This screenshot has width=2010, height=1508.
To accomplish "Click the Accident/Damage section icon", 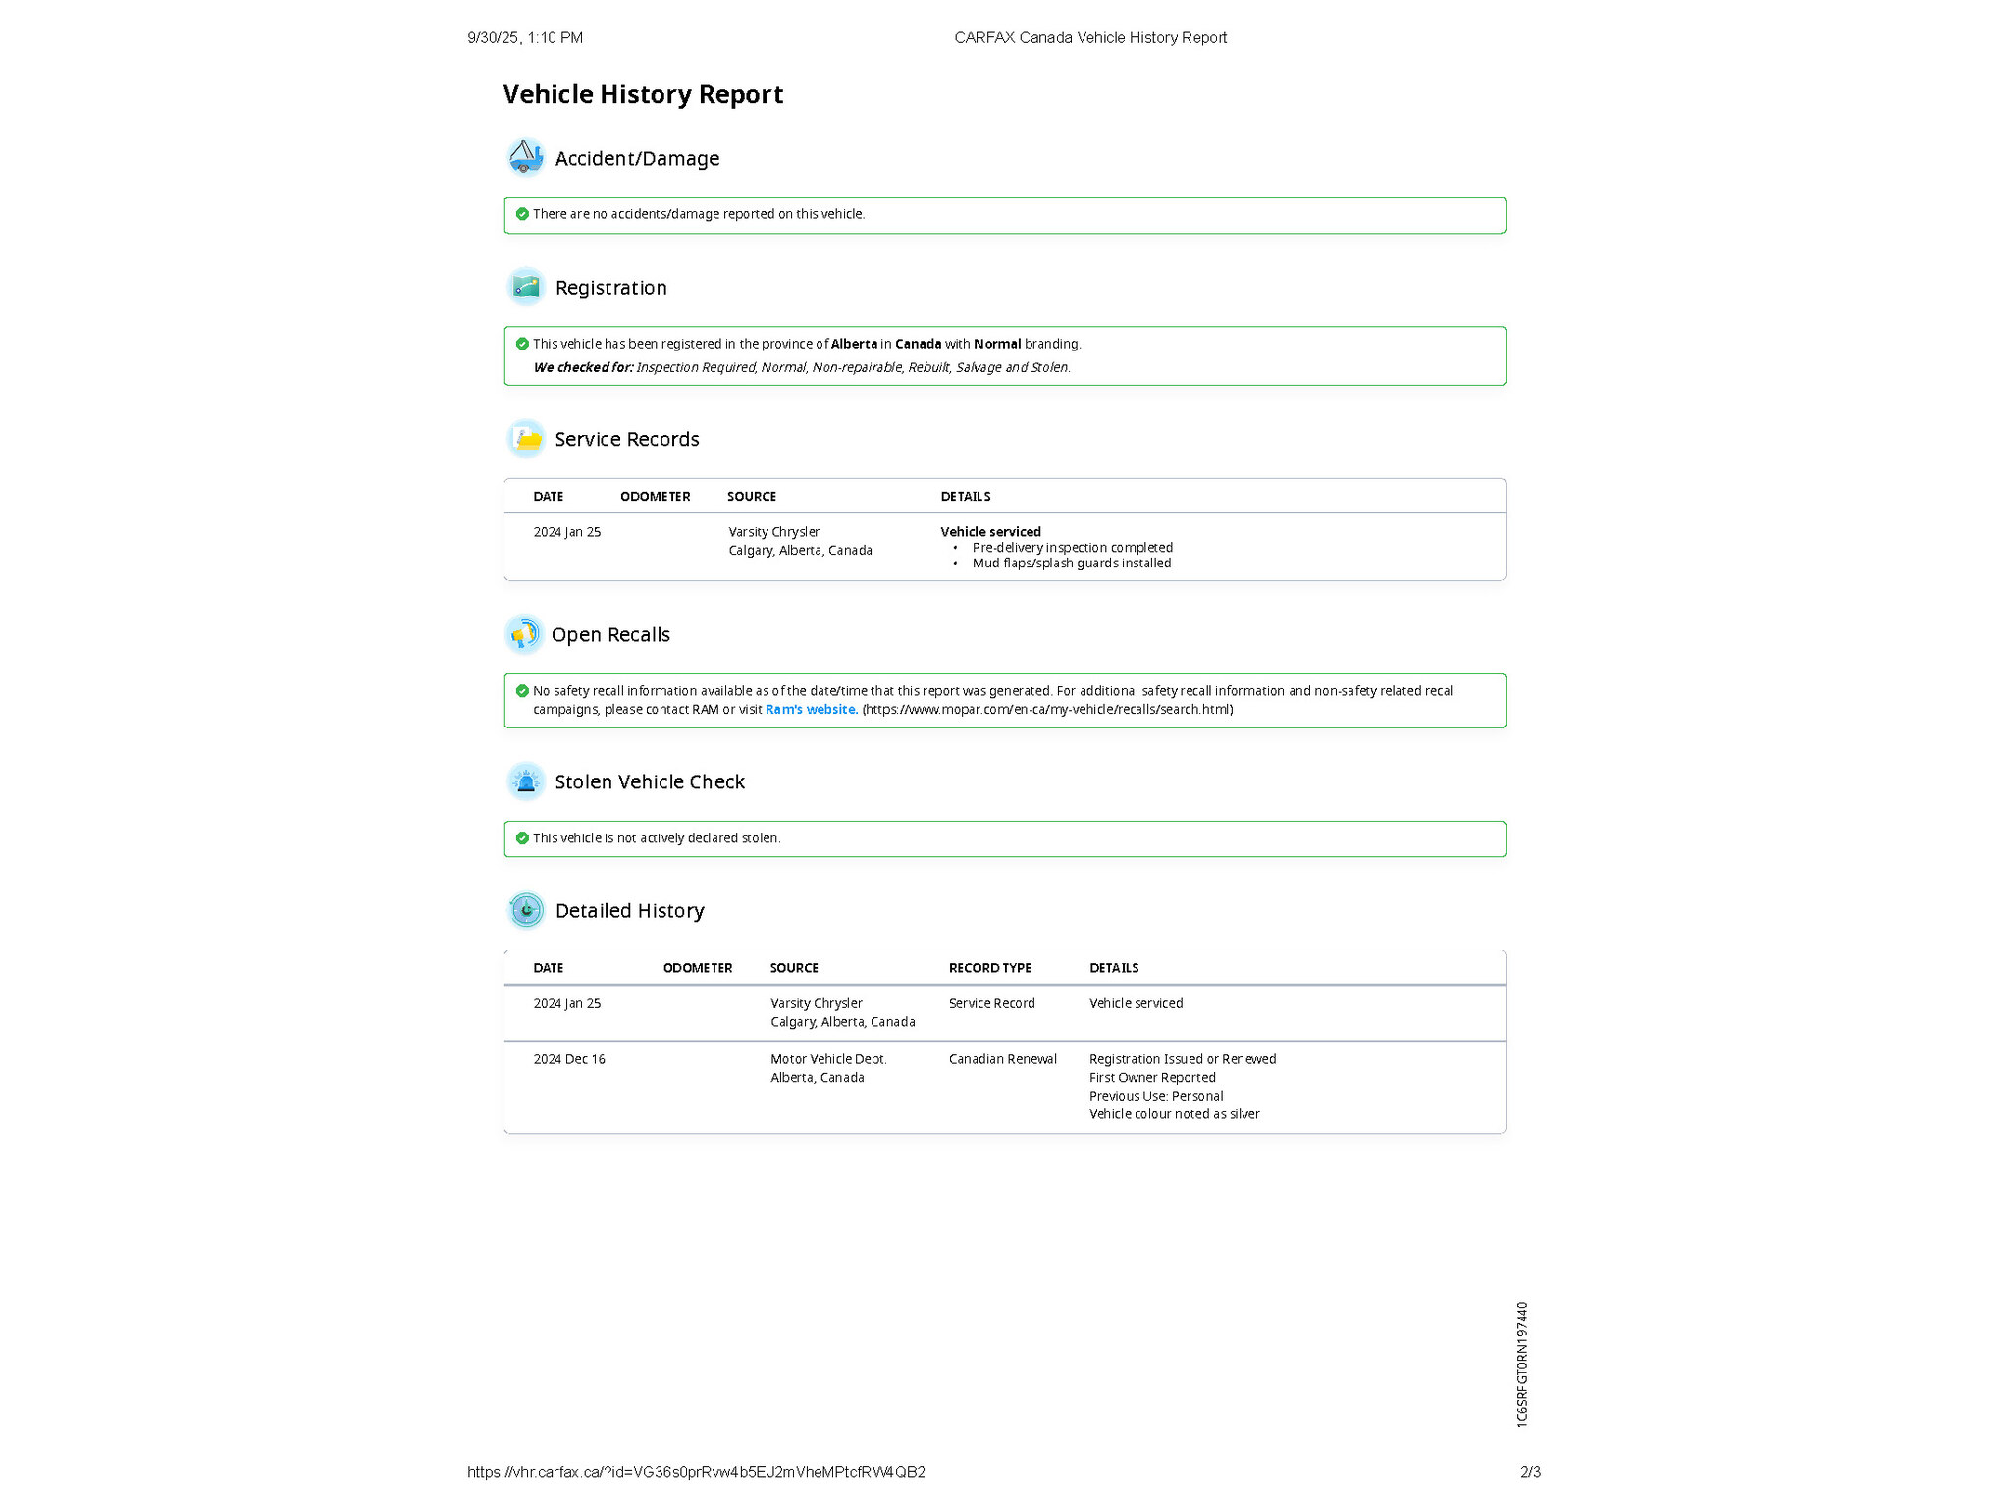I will [x=526, y=157].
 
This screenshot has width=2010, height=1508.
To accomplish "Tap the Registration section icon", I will [x=526, y=287].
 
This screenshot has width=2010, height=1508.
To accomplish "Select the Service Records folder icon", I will [x=526, y=439].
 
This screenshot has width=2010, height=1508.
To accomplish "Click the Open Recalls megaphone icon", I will [x=524, y=634].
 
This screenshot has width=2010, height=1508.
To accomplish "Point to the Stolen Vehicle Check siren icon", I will [x=526, y=781].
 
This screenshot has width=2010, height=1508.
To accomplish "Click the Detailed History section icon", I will [x=526, y=910].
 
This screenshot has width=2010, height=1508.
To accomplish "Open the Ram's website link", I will [x=811, y=709].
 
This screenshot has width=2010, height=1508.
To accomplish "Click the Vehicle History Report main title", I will [x=643, y=94].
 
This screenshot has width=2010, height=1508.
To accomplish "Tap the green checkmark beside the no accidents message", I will [x=522, y=214].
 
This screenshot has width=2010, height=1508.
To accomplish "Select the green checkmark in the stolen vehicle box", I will [x=522, y=838].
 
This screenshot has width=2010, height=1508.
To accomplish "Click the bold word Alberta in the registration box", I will [x=854, y=344].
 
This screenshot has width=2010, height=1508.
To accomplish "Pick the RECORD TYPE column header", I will [x=989, y=968].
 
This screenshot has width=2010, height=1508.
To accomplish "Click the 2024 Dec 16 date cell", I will [x=569, y=1059].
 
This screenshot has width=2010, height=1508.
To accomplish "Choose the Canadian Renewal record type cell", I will [x=1002, y=1059].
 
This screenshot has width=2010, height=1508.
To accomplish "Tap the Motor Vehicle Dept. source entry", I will [x=828, y=1059].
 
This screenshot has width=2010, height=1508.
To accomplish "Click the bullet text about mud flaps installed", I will [x=1071, y=564].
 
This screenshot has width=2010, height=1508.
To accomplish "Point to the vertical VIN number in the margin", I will [x=1522, y=1364].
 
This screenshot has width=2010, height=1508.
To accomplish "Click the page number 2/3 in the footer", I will [x=1530, y=1472].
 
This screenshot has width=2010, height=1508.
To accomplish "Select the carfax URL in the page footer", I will [x=696, y=1472].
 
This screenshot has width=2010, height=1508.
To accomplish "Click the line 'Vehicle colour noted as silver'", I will [x=1174, y=1114].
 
